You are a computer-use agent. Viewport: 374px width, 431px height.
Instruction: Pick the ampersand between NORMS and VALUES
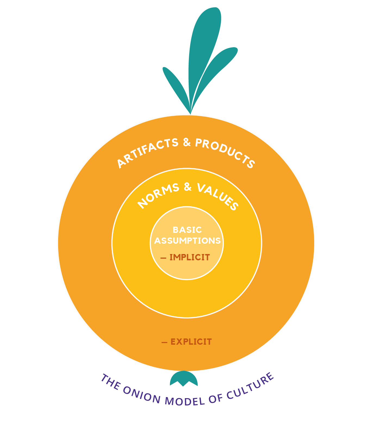point(188,187)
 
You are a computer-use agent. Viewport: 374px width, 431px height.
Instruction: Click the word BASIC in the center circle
point(187,230)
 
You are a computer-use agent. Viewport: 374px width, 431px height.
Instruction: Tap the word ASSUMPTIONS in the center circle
point(187,241)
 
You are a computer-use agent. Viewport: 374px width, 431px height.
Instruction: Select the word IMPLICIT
point(190,257)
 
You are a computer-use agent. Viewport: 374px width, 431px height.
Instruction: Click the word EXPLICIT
point(191,342)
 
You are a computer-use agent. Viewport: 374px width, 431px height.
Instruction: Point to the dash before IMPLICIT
point(163,258)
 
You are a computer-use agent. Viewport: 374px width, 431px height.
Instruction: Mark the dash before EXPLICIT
point(164,342)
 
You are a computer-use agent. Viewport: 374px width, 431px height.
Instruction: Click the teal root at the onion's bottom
point(184,378)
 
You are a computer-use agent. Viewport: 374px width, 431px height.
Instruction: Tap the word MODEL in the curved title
point(185,401)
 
